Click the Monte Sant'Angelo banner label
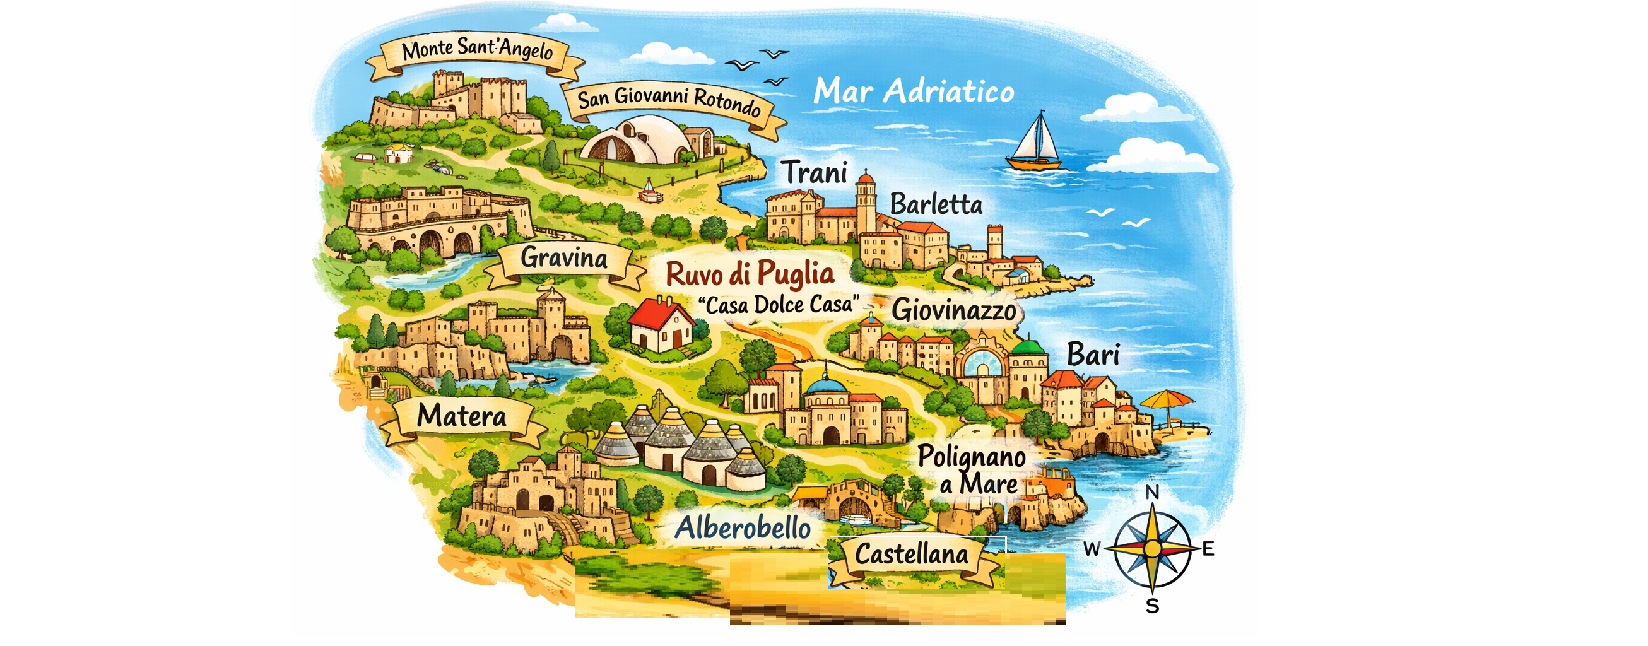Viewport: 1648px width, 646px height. tap(476, 50)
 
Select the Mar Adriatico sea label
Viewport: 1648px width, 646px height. tap(914, 91)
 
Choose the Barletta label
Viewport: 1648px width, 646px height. tap(936, 204)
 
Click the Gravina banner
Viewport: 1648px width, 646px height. tap(563, 259)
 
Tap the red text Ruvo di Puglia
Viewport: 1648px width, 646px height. tap(750, 274)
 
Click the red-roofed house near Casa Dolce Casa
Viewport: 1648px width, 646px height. tap(661, 324)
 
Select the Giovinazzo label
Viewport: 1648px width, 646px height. tap(954, 310)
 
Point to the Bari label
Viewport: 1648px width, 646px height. tap(1093, 355)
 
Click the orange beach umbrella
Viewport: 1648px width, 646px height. tap(1166, 400)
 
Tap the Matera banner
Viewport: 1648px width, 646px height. tap(461, 416)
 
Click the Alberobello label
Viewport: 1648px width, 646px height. tap(743, 528)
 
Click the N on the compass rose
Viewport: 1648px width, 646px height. tap(1152, 492)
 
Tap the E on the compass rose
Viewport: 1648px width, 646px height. tap(1208, 549)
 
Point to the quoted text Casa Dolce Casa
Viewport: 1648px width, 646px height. tap(778, 305)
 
